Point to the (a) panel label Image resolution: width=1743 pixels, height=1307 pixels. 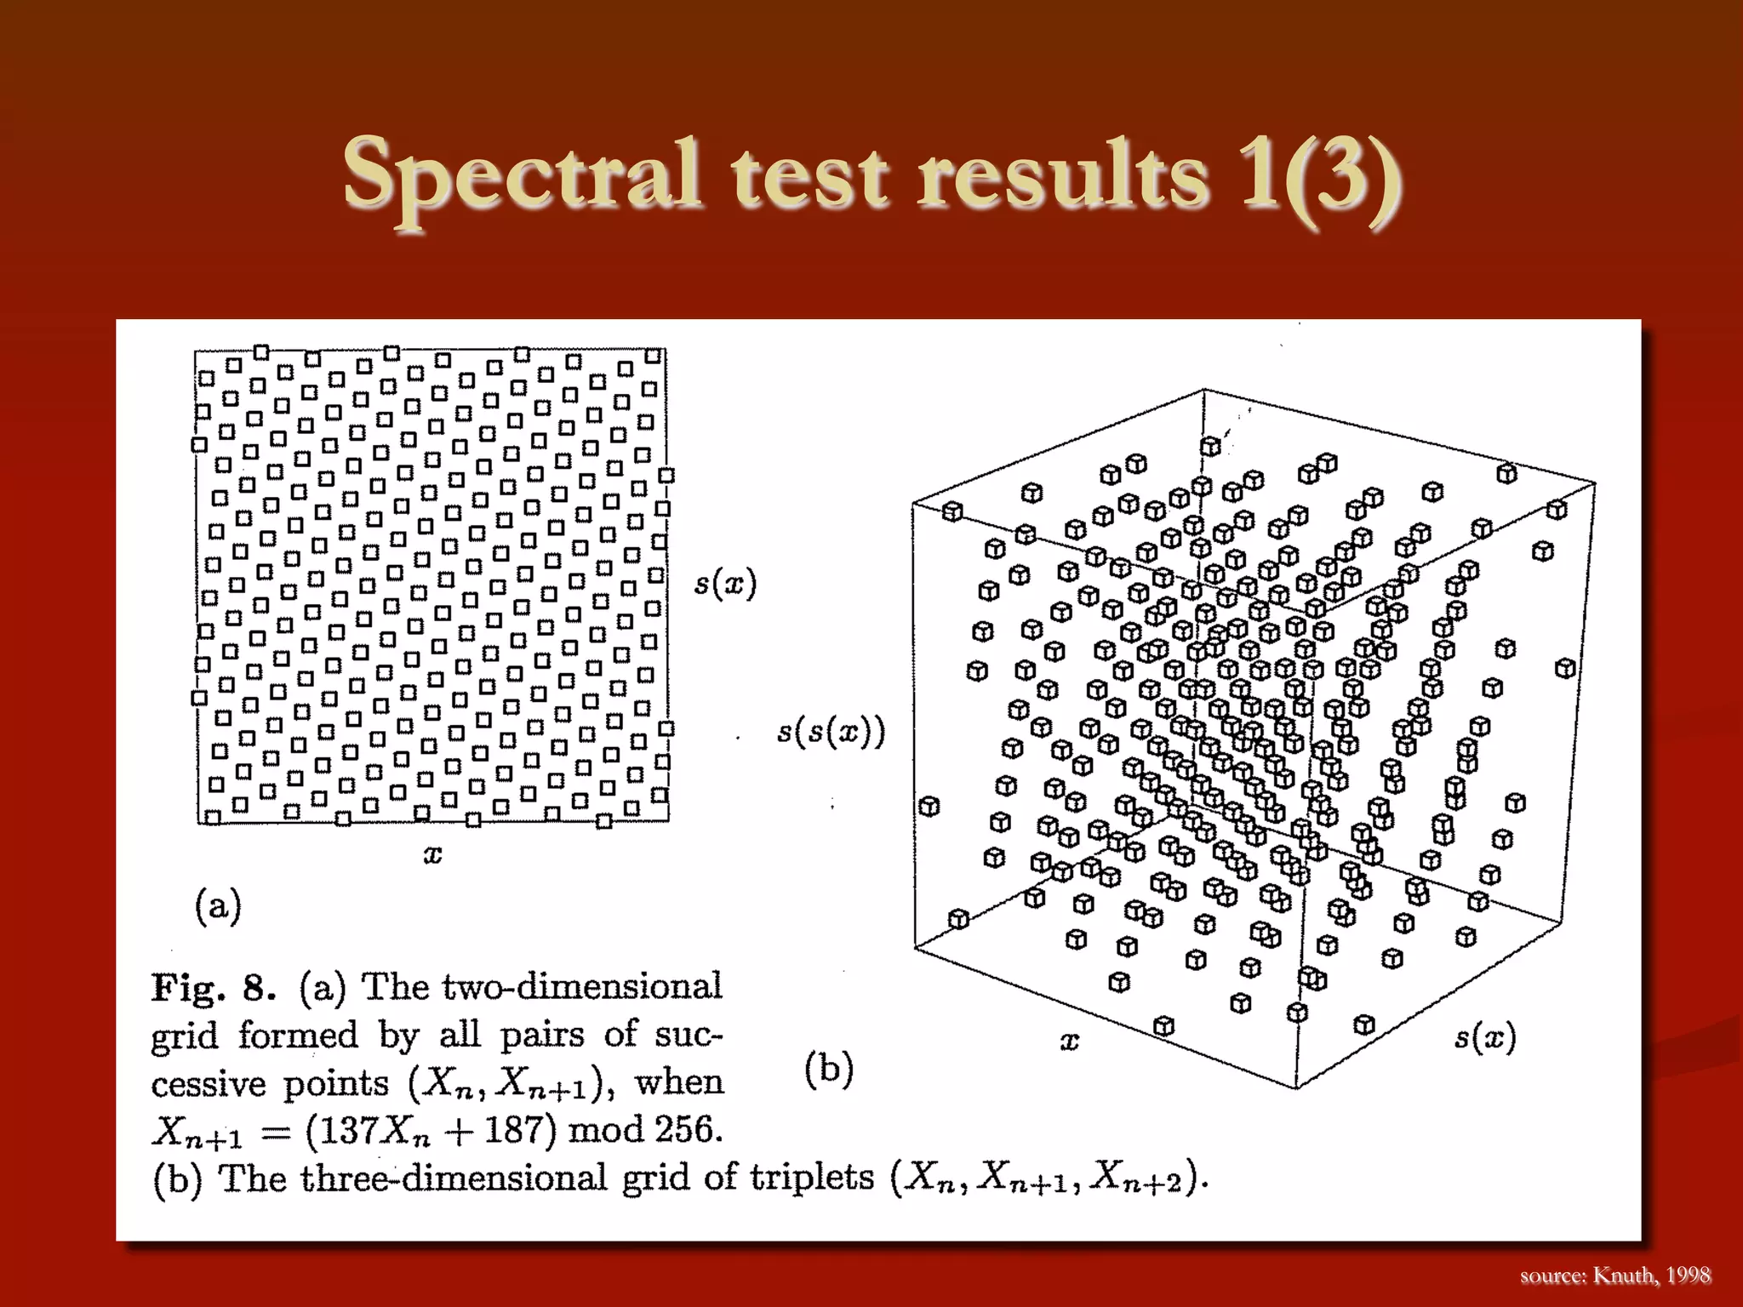[x=219, y=905]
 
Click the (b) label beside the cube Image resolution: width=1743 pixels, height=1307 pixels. [x=828, y=1069]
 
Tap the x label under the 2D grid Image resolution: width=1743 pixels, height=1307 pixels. [x=432, y=855]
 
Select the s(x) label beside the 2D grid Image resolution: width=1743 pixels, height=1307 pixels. [x=725, y=584]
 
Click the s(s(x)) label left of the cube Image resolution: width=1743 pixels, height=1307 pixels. [x=831, y=732]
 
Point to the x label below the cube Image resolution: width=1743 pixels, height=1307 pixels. [x=1070, y=1041]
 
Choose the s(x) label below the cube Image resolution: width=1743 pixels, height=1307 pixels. [x=1485, y=1037]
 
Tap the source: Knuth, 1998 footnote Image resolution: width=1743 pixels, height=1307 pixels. [x=1614, y=1275]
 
